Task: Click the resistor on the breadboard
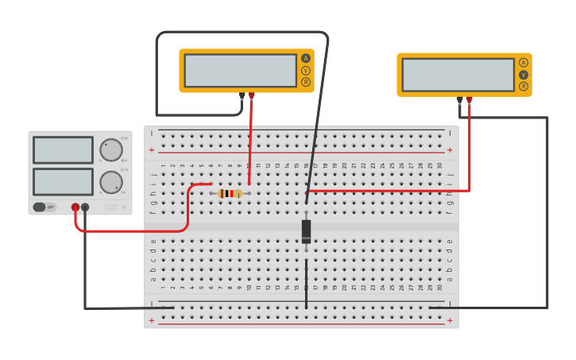230,193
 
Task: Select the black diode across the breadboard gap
306,231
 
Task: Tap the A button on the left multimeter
306,58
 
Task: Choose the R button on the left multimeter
306,82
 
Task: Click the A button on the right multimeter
524,63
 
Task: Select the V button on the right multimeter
524,75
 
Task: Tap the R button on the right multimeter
524,87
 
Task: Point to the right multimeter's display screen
458,75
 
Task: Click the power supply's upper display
63,149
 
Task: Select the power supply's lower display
63,181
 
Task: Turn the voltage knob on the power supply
111,149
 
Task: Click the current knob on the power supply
111,182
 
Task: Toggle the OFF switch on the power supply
44,207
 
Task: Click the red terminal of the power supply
75,207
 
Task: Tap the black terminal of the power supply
85,207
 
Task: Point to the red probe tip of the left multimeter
252,95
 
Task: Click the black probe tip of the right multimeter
460,100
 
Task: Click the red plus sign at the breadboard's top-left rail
152,149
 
